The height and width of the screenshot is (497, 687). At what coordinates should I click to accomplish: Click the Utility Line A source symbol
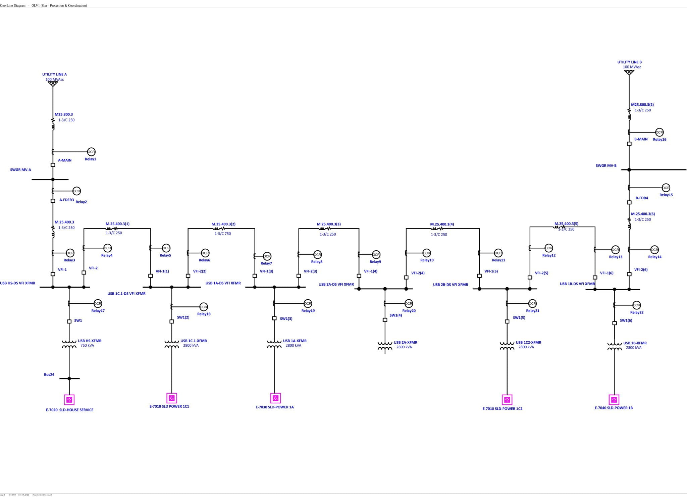coord(53,84)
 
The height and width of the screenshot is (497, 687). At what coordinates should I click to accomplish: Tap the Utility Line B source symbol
coord(629,72)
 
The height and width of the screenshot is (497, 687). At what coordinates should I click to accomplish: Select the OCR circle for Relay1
coord(91,152)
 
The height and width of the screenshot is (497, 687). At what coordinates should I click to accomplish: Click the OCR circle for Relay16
coord(659,132)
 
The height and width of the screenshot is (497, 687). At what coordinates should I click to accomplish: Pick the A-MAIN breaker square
coord(53,165)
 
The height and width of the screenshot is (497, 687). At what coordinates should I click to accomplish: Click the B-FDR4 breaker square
coord(629,202)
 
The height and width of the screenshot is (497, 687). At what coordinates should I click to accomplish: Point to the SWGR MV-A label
coord(20,170)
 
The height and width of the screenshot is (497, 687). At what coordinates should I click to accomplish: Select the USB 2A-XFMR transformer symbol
coord(385,346)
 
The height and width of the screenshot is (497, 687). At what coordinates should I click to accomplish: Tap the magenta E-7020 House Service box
coord(69,400)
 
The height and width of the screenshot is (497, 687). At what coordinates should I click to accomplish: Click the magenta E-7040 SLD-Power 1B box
coord(614,400)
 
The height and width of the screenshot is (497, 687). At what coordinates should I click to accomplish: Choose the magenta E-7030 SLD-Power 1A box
coord(275,398)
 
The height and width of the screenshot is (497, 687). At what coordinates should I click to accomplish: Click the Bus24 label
coord(49,375)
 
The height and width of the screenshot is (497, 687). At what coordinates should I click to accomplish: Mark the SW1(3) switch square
coord(274,318)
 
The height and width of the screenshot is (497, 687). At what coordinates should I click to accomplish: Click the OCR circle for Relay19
coord(308,303)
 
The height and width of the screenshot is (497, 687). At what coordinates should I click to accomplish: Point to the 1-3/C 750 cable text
coord(223,234)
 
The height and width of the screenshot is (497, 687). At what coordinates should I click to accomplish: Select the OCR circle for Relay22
coord(636,305)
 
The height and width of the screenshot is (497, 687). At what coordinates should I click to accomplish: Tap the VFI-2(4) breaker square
coord(406,278)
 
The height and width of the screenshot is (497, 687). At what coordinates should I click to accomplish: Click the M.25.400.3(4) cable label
coord(442,224)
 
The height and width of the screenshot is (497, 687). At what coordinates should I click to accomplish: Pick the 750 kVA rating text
coord(87,345)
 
